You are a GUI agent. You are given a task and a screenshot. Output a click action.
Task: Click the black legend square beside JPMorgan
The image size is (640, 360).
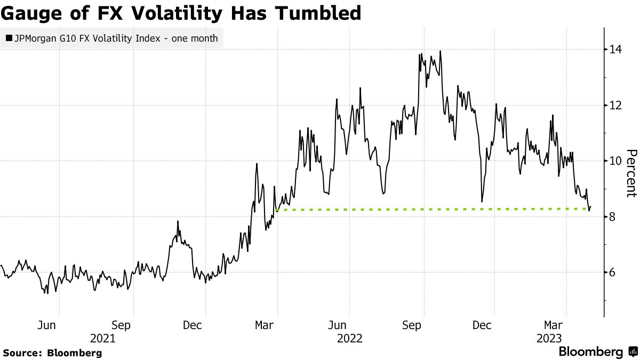[9, 38]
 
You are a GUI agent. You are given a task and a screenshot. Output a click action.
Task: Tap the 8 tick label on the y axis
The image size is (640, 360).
[613, 217]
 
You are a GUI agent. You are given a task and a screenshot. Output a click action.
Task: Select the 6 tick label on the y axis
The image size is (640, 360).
[613, 273]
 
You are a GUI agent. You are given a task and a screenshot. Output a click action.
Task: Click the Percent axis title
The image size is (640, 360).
[630, 173]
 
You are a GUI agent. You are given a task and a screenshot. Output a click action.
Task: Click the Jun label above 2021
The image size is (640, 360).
[47, 325]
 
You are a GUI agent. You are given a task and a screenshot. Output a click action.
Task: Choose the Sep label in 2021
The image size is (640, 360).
[121, 325]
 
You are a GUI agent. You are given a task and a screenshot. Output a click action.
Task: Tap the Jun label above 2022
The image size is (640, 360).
[337, 325]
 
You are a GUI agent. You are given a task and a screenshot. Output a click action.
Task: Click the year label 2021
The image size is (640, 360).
[102, 338]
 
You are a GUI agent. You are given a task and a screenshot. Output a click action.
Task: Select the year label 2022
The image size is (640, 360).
[349, 338]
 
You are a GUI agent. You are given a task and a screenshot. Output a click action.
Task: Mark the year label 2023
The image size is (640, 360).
[549, 338]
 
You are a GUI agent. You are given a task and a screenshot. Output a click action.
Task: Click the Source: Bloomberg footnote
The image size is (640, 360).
[52, 353]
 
